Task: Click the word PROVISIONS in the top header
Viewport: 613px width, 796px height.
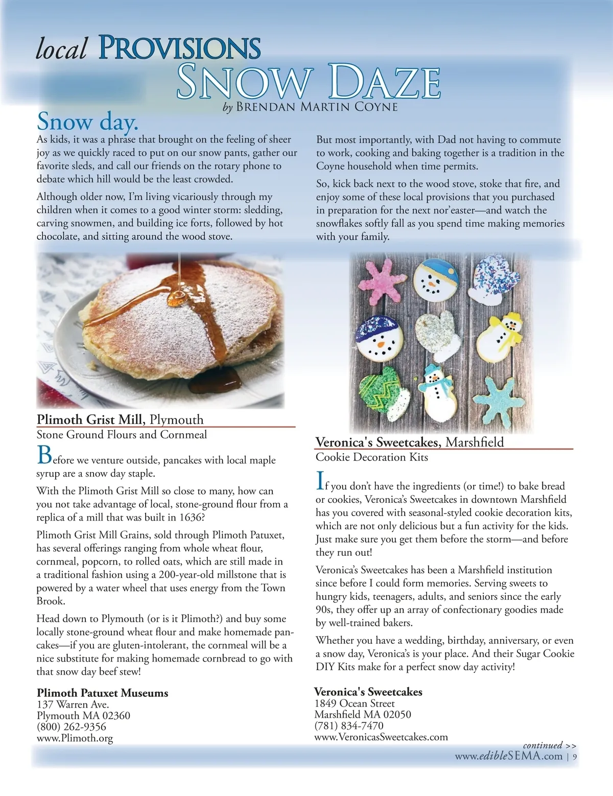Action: point(179,48)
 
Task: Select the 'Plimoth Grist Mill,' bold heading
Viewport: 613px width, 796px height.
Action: point(91,419)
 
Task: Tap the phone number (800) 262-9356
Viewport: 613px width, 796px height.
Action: point(72,727)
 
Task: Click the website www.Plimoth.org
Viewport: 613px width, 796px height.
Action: point(75,738)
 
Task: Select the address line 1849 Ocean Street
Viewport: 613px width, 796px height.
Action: point(354,703)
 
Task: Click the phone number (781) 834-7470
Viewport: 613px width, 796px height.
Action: point(349,725)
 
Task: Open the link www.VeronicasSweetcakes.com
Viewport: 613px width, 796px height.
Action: point(381,737)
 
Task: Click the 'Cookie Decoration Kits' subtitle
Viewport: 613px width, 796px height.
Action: point(371,457)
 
